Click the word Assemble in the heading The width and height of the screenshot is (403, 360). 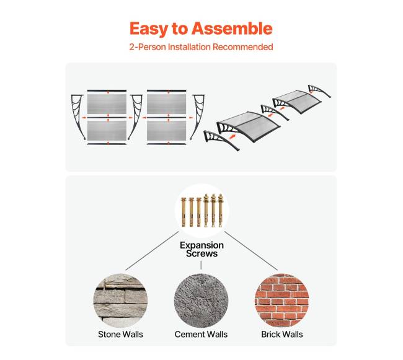tap(232, 29)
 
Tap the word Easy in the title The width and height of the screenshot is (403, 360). tap(149, 29)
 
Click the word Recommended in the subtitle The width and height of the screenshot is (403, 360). tap(242, 47)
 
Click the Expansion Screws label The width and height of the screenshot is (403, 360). tap(201, 249)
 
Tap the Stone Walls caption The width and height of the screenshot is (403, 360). tap(120, 335)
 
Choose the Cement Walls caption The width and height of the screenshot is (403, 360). tap(201, 335)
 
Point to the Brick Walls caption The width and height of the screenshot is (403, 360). tap(282, 335)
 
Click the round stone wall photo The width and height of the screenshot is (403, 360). tap(120, 301)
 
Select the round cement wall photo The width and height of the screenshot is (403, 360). tap(201, 301)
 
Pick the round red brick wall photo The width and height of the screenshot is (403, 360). tap(282, 301)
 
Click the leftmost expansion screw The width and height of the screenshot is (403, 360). tap(184, 212)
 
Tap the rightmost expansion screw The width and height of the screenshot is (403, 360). tap(221, 211)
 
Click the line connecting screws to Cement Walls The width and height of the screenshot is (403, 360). tap(201, 265)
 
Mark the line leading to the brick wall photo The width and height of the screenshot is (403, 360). tap(251, 251)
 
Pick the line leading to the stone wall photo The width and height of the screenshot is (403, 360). tap(152, 251)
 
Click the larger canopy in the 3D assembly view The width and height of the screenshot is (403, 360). tap(248, 126)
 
